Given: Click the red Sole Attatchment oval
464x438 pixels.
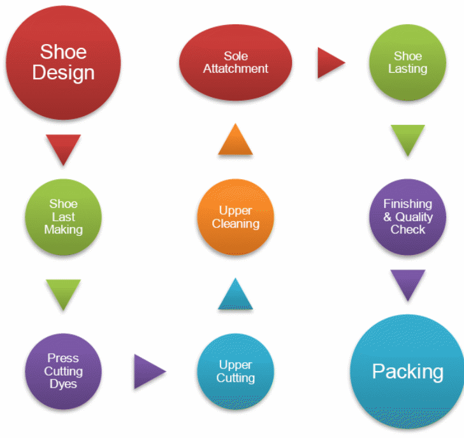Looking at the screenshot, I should click(236, 62).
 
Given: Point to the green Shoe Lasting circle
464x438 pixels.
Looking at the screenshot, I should click(407, 62).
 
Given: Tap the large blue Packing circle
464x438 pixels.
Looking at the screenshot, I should click(407, 371).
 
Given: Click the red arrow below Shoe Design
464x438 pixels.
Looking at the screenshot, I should click(63, 148).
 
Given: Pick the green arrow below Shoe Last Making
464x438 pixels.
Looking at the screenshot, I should click(63, 293).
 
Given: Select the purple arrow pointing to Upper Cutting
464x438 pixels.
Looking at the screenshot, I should click(148, 372).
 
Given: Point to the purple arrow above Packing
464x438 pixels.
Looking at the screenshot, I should click(407, 284).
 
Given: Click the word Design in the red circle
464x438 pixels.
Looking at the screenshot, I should click(63, 72).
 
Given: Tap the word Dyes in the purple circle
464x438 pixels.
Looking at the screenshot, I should click(63, 384).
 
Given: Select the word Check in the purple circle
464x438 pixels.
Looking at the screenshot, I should click(407, 230).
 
